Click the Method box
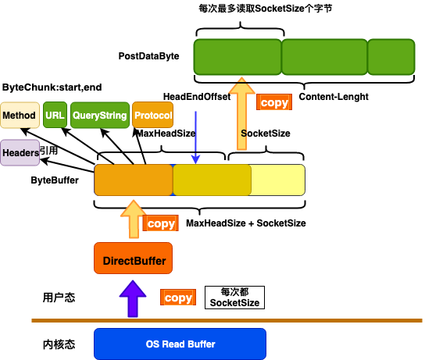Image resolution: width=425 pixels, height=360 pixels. pyautogui.click(x=20, y=115)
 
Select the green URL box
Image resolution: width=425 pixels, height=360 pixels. pyautogui.click(x=55, y=115)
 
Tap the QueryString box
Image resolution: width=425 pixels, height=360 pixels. pyautogui.click(x=100, y=115)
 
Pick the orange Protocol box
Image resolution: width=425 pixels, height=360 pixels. pyautogui.click(x=153, y=115)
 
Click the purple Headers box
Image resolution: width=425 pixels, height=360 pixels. pyautogui.click(x=20, y=152)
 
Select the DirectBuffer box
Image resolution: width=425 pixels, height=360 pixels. pyautogui.click(x=133, y=258)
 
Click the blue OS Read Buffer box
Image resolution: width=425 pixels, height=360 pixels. pyautogui.click(x=180, y=344)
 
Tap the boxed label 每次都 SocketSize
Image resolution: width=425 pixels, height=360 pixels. pyautogui.click(x=234, y=298)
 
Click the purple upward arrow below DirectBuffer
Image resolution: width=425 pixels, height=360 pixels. pyautogui.click(x=133, y=299)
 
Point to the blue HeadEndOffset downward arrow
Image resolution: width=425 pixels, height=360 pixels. pyautogui.click(x=195, y=137)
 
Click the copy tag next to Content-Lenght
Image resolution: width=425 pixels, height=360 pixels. pyautogui.click(x=274, y=102)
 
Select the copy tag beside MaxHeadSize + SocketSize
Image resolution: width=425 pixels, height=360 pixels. pyautogui.click(x=161, y=223)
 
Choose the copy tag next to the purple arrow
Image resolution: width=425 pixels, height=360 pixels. pyautogui.click(x=178, y=298)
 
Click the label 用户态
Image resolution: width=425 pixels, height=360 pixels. pyautogui.click(x=59, y=298)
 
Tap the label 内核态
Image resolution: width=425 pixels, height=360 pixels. pyautogui.click(x=59, y=344)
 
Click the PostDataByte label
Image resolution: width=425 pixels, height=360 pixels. pyautogui.click(x=148, y=56)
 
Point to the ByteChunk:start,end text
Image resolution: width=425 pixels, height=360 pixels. pyautogui.click(x=52, y=87)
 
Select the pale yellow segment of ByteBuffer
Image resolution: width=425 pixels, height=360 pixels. pyautogui.click(x=277, y=180)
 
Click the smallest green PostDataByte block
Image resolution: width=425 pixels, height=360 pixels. pyautogui.click(x=391, y=57)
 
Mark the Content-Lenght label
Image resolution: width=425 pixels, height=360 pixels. pyautogui.click(x=334, y=97)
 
